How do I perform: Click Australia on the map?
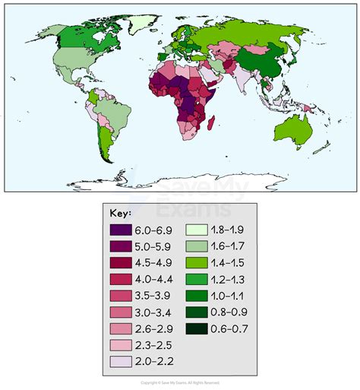[292, 130]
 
